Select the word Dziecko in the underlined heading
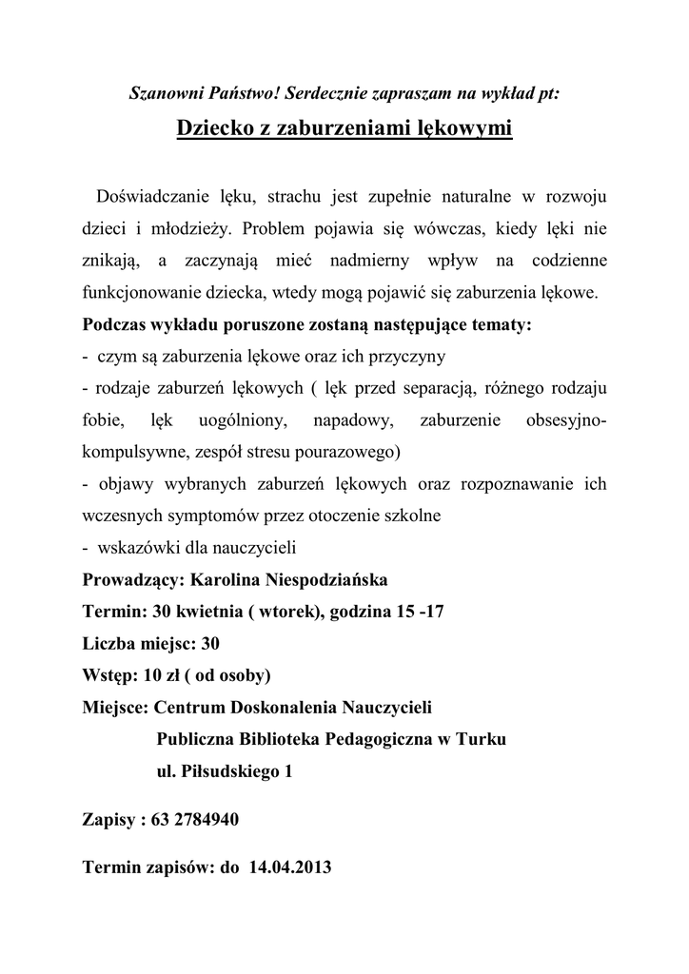210,127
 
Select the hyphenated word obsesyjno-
561,420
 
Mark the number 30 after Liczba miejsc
210,644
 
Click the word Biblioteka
276,740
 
